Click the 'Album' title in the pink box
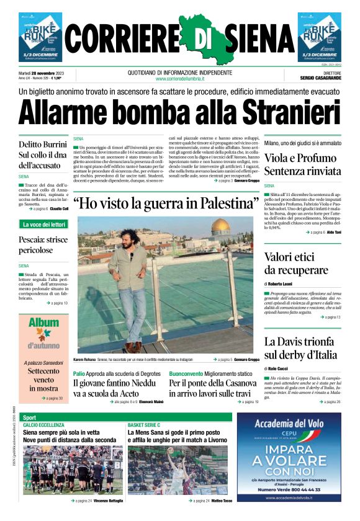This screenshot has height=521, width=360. coord(43,323)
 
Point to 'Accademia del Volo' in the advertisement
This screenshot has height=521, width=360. coord(289,425)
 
